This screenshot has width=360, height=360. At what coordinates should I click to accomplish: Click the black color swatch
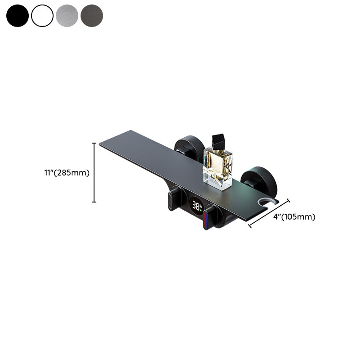18,16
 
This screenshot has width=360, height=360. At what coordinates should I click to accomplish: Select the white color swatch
42,16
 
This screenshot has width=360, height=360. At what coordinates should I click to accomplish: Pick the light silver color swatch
67,16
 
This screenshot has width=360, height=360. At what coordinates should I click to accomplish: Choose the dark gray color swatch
92,16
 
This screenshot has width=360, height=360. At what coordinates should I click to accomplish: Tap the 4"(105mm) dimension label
294,216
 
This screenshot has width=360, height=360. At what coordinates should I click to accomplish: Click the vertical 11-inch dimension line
94,172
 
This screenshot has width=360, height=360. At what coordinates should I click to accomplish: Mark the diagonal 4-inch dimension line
269,213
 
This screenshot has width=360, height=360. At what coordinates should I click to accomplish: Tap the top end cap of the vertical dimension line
94,143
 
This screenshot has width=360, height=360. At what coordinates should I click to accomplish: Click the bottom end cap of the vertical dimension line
94,202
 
